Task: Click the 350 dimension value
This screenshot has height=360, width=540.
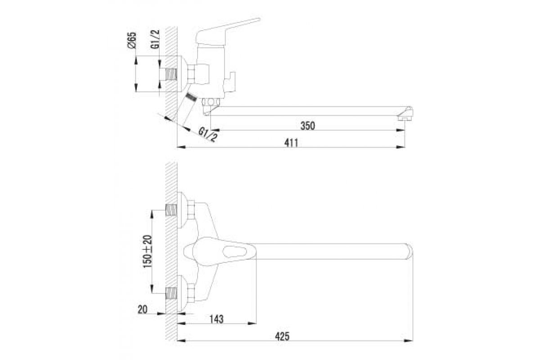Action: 308,126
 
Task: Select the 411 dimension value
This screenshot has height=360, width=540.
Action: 291,143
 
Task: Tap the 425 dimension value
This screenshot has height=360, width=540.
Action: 282,336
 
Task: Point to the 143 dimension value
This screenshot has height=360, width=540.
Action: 216,319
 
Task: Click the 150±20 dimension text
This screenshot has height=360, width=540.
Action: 148,251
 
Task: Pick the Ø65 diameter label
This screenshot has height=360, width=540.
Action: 132,40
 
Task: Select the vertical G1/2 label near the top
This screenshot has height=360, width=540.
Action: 155,39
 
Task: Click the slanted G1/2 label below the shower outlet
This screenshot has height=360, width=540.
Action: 207,135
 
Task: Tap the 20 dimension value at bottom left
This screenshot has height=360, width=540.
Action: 142,310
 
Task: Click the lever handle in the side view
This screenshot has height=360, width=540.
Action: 228,31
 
